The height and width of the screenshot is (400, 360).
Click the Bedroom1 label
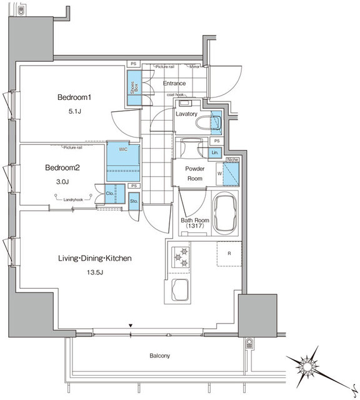point(74,97)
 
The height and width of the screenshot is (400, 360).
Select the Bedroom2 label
point(66,167)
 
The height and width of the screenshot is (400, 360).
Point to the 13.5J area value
point(95,273)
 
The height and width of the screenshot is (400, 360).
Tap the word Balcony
point(159,356)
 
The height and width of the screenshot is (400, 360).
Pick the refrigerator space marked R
point(229,254)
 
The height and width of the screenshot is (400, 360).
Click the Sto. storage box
point(134,201)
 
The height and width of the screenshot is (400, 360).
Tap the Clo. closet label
point(110,194)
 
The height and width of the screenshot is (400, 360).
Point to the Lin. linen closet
point(214,152)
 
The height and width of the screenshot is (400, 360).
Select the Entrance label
point(174,83)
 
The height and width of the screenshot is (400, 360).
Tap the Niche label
point(231,159)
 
